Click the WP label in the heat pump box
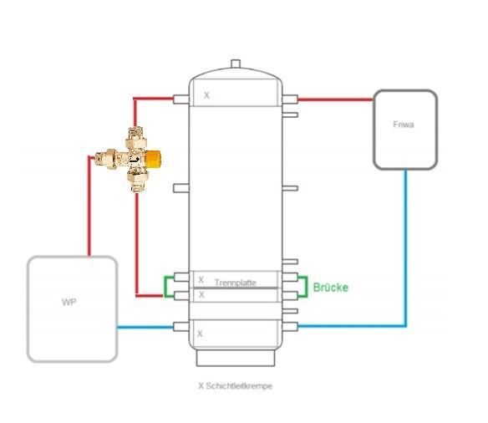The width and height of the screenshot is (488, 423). [69, 302]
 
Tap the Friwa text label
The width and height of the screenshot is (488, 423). [404, 125]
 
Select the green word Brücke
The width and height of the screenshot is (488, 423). [331, 288]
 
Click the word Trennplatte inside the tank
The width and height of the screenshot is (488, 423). [236, 283]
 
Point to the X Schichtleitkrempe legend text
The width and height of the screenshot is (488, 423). [236, 386]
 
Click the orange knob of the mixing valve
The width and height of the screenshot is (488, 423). [154, 159]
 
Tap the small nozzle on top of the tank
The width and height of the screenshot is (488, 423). [236, 64]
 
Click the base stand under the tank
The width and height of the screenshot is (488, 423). [236, 358]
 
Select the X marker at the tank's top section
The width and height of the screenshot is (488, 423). [206, 95]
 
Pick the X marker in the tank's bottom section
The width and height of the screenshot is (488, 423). [200, 334]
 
